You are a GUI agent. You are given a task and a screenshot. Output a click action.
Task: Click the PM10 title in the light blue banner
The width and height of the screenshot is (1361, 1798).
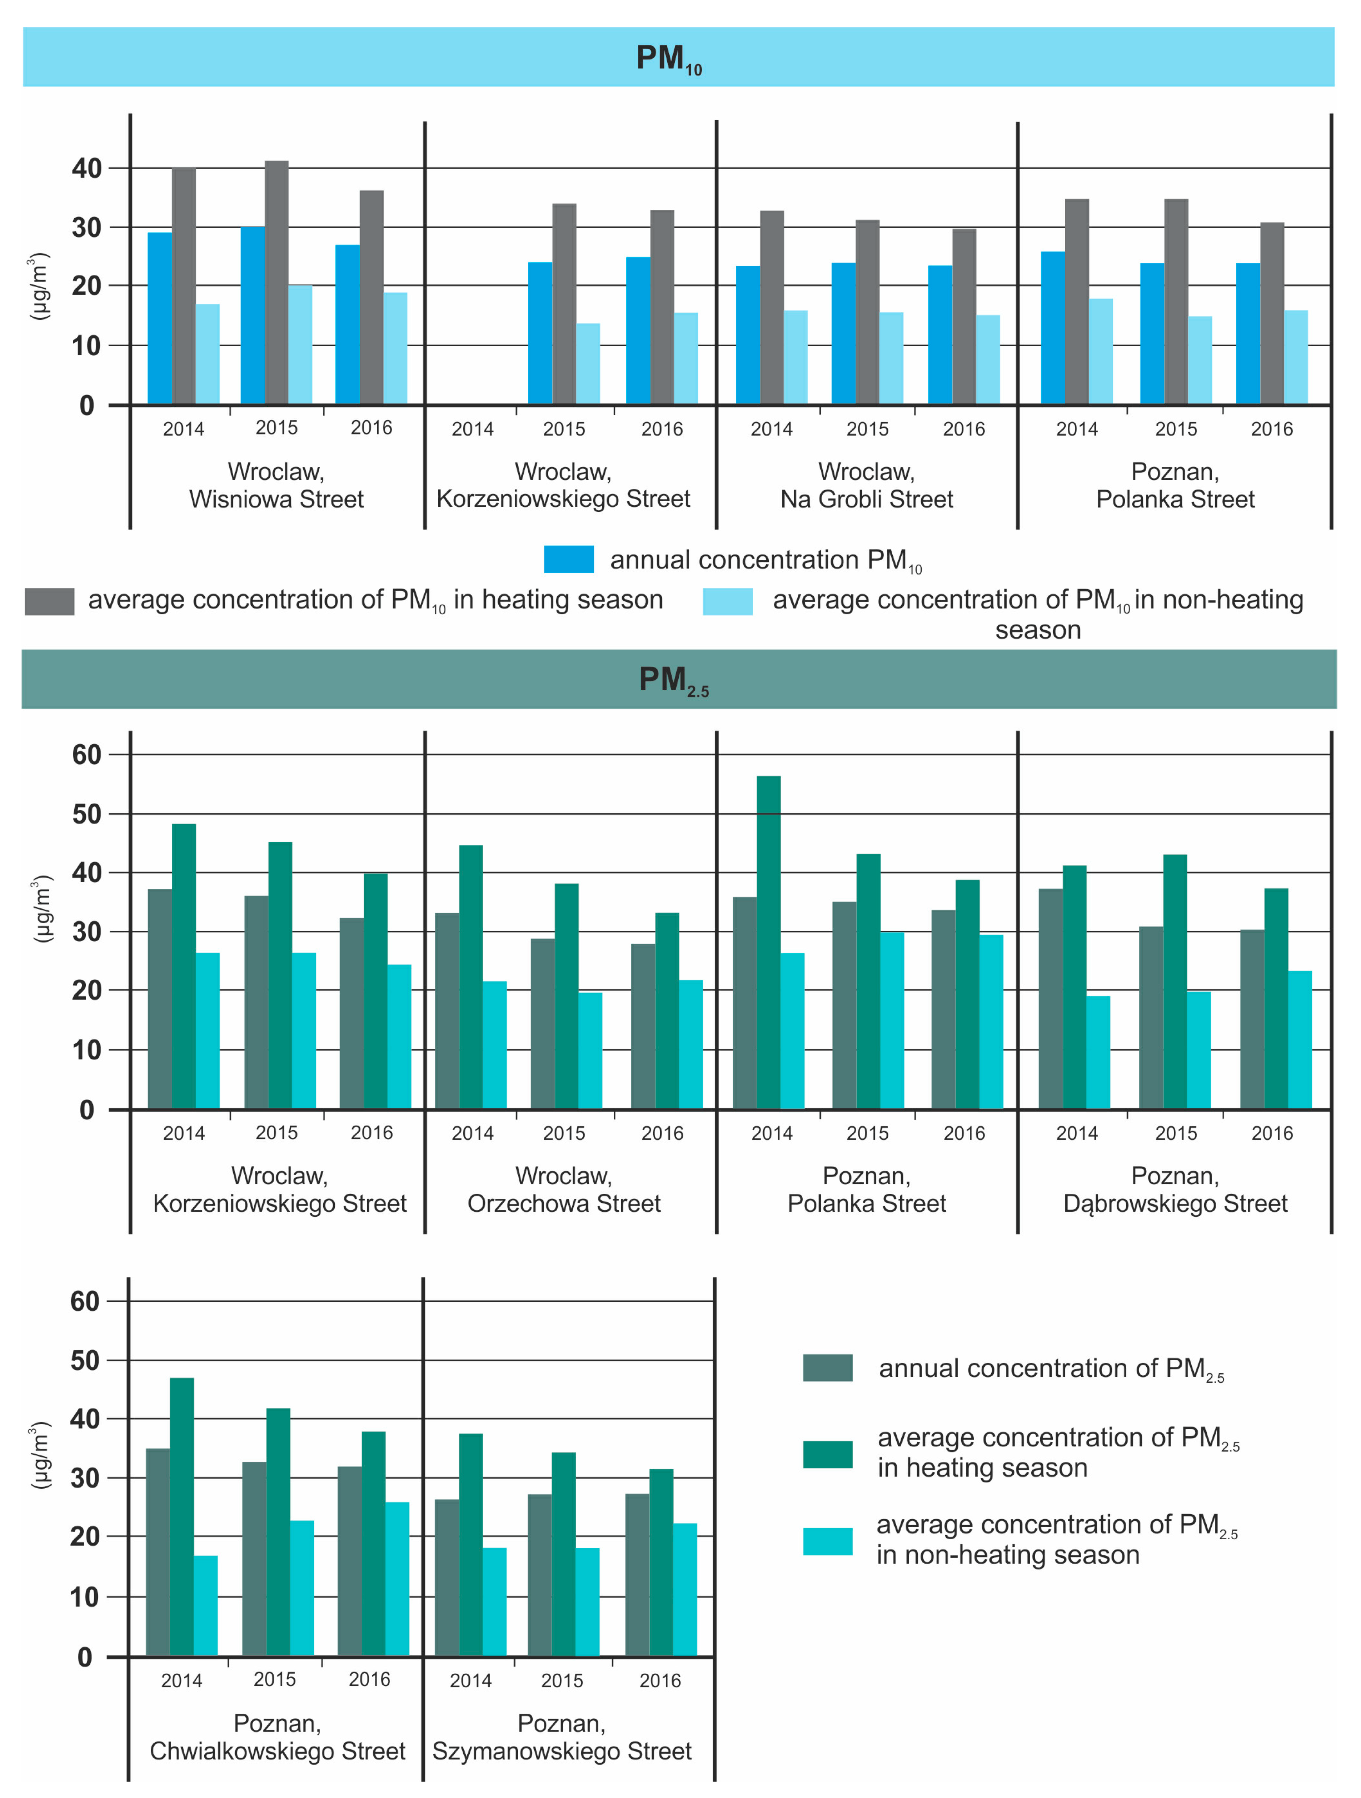pyautogui.click(x=669, y=59)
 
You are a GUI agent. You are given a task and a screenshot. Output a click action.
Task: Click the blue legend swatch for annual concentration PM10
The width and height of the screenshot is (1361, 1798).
pyautogui.click(x=569, y=559)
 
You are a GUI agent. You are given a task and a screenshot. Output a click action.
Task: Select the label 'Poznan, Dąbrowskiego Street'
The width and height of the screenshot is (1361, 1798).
pyautogui.click(x=1175, y=1189)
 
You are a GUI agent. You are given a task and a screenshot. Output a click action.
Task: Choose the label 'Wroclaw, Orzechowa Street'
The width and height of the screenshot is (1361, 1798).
pyautogui.click(x=564, y=1189)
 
